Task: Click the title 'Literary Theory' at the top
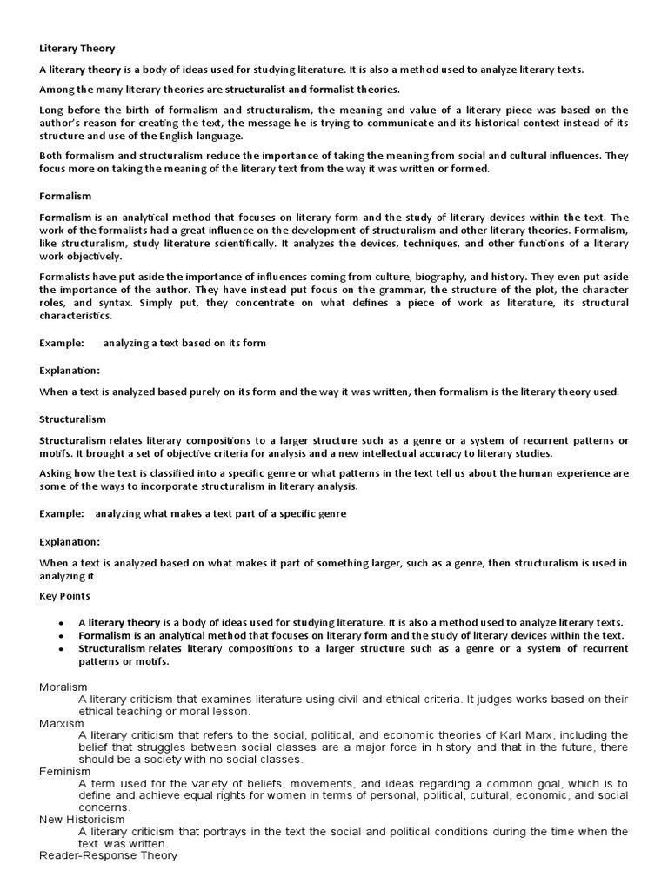point(77,49)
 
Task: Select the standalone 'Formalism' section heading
point(65,197)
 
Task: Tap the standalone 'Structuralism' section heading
point(72,419)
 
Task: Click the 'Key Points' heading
point(64,596)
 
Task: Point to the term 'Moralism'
point(63,687)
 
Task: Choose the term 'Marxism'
point(60,723)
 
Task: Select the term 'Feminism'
point(64,771)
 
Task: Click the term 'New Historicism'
point(82,819)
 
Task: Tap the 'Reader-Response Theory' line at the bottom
point(108,855)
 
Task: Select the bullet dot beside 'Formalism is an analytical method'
point(61,636)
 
